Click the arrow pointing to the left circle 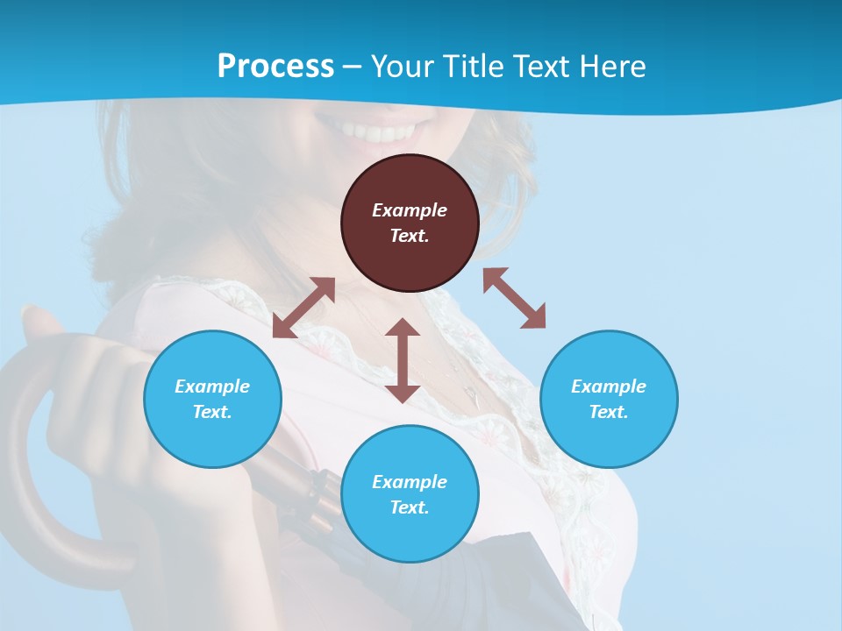tap(303, 308)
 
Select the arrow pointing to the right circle tap(514, 298)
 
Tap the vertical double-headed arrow tap(403, 360)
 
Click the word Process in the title tap(275, 66)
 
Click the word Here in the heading tap(613, 66)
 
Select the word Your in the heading tap(403, 66)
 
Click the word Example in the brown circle tap(410, 210)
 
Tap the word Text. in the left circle tap(212, 412)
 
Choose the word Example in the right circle tap(609, 386)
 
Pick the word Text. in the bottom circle tap(410, 507)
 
